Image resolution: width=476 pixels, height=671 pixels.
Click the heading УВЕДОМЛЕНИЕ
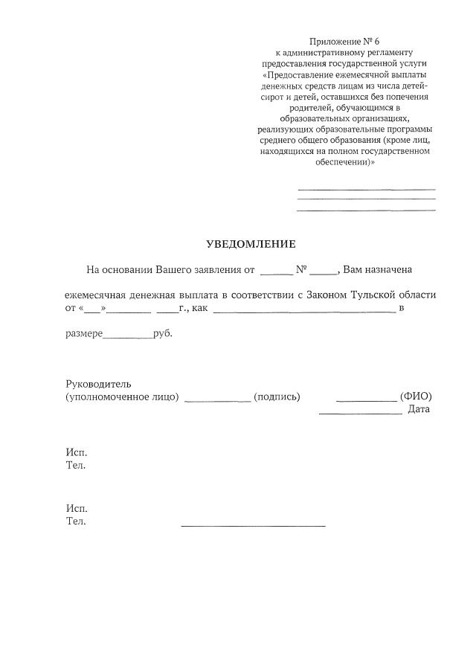point(251,244)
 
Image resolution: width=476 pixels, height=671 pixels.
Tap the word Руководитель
point(98,384)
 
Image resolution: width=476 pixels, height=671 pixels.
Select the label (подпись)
point(277,397)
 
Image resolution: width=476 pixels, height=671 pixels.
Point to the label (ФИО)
point(416,397)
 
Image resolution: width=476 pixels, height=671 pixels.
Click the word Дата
point(419,409)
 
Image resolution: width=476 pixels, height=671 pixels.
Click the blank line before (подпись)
point(217,400)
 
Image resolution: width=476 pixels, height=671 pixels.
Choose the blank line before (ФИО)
point(366,400)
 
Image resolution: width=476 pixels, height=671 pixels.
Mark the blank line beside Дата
point(360,413)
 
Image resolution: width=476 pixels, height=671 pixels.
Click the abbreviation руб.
point(163,335)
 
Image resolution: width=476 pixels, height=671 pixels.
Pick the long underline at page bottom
point(253,526)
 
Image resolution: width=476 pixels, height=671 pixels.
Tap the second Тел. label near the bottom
point(76,521)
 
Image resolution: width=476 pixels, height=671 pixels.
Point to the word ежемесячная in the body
point(93,295)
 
